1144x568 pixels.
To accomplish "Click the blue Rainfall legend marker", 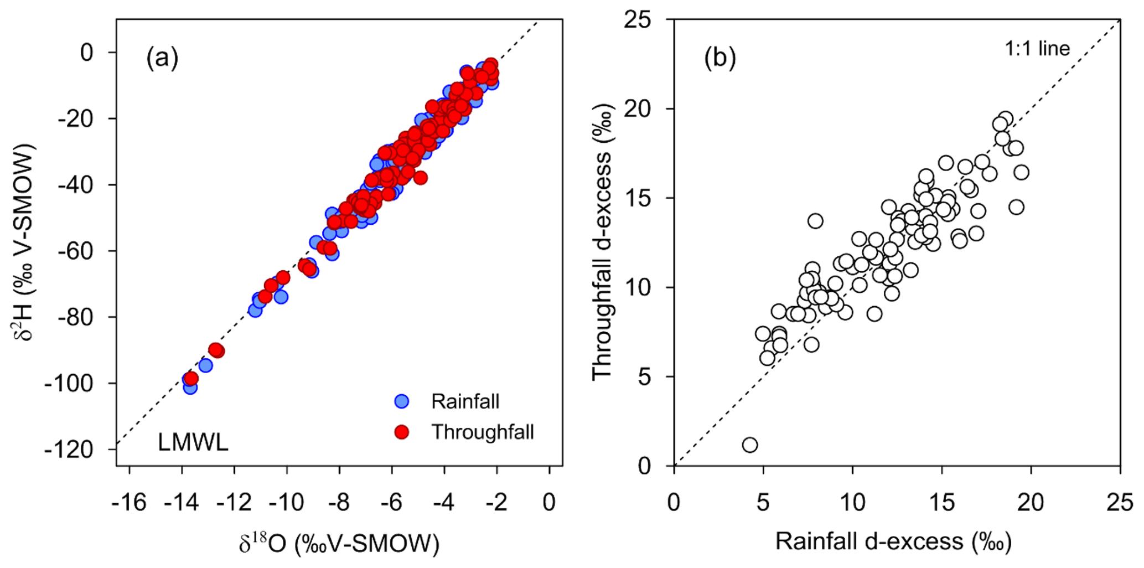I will pyautogui.click(x=402, y=401).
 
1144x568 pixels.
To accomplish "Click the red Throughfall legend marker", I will pyautogui.click(x=402, y=432).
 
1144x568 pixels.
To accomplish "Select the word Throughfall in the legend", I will pyautogui.click(x=483, y=432).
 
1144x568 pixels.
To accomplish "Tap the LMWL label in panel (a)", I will pyautogui.click(x=193, y=443).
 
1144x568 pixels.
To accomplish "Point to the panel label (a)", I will pyautogui.click(x=162, y=58).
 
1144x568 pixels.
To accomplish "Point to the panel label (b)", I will pyautogui.click(x=719, y=58).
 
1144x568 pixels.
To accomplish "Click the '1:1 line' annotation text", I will pyautogui.click(x=1037, y=49).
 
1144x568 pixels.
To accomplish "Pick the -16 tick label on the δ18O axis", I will pyautogui.click(x=129, y=503).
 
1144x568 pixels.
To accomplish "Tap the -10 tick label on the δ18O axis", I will pyautogui.click(x=286, y=503).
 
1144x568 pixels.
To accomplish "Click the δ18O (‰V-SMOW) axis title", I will pyautogui.click(x=339, y=544).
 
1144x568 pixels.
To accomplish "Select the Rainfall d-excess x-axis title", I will pyautogui.click(x=893, y=541).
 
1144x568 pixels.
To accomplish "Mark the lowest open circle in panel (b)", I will pyautogui.click(x=750, y=445).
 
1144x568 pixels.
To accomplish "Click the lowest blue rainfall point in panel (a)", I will pyautogui.click(x=190, y=387).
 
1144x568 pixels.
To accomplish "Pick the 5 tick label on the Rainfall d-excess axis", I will pyautogui.click(x=763, y=503).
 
